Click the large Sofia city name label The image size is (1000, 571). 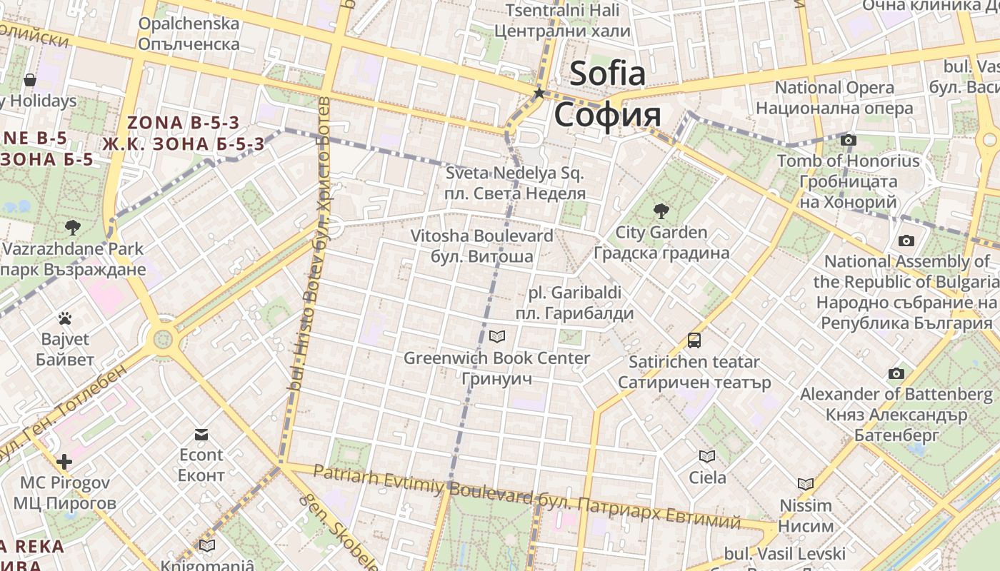607,74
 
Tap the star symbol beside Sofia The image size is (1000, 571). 539,93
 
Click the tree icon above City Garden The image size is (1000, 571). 661,211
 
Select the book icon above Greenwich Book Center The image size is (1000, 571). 497,336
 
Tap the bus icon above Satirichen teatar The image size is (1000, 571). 694,340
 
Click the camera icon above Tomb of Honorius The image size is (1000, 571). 848,140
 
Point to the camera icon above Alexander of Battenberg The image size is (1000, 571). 896,373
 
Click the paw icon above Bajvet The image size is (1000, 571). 65,318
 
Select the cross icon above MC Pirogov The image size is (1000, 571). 64,462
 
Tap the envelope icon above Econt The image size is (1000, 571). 201,434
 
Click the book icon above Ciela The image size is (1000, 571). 707,456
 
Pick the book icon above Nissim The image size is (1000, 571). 805,484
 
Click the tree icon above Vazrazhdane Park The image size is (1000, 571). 72,228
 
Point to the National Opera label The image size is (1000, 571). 834,88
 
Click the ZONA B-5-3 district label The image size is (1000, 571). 183,123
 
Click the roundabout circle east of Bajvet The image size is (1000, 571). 164,338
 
